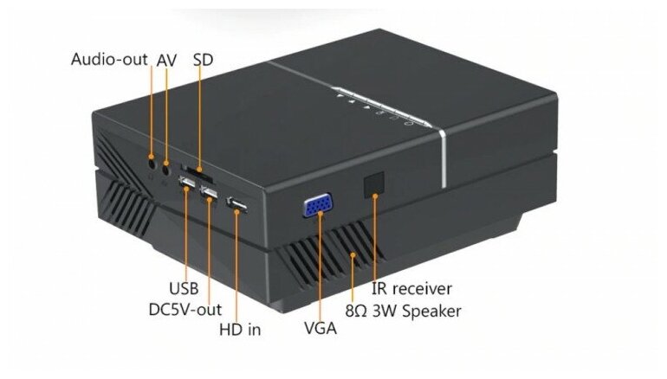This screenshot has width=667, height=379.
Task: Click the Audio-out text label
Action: (109, 60)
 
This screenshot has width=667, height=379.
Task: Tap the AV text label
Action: (166, 60)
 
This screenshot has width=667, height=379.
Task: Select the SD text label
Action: (203, 60)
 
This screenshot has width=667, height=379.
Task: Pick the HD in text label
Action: (241, 329)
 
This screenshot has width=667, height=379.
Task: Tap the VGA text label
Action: (321, 329)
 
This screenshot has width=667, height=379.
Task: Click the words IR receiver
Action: (411, 287)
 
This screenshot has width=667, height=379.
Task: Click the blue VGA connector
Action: (314, 207)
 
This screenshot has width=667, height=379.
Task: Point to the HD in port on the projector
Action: (236, 205)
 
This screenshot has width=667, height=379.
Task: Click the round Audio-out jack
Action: (152, 160)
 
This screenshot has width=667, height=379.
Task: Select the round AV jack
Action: (166, 162)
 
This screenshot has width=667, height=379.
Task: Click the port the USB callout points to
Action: (185, 183)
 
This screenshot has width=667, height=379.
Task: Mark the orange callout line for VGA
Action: (321, 268)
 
